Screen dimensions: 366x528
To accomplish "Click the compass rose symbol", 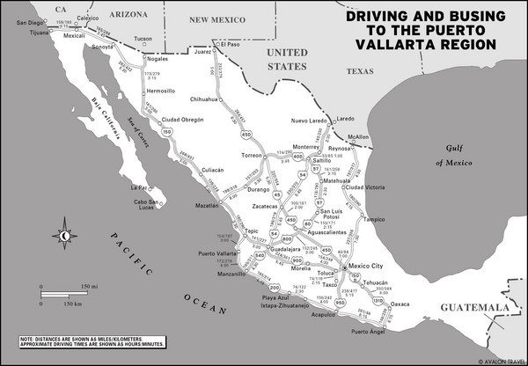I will pos(63,234).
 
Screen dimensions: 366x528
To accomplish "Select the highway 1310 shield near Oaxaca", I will pos(378,301).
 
